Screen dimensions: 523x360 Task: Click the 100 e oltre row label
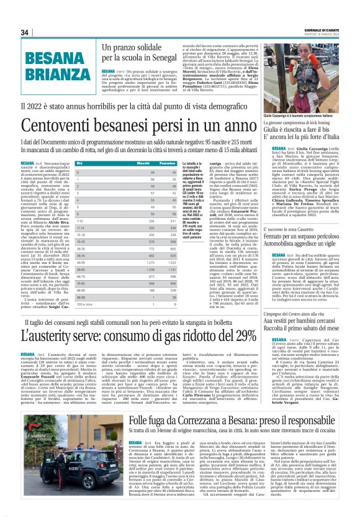click(84, 305)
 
